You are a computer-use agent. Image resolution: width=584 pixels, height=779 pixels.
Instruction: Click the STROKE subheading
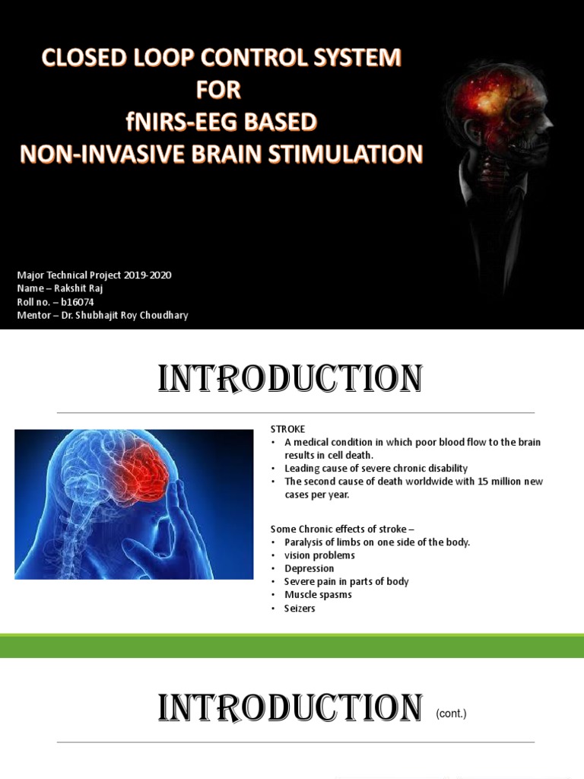287,429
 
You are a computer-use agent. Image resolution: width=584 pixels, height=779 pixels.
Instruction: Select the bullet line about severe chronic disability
376,468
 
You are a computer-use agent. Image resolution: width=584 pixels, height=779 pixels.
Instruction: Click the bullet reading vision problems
319,555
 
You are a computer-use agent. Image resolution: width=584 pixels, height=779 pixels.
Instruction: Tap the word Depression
309,568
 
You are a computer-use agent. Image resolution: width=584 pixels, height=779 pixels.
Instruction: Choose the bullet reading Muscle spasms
318,595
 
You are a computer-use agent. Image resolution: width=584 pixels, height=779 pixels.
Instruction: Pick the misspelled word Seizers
300,609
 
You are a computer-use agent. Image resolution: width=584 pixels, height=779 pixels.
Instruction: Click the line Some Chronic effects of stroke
342,529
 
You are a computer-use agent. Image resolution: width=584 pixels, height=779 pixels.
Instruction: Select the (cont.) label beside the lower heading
451,714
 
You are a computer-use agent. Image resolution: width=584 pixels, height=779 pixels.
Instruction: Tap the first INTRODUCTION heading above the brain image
290,379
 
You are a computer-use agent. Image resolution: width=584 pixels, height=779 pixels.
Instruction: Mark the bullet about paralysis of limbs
377,542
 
